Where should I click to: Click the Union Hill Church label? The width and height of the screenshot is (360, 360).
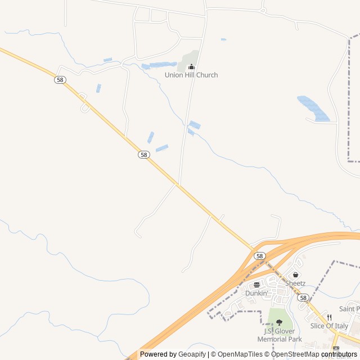(x=191, y=75)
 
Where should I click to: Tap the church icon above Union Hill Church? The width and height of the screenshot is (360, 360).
(x=191, y=67)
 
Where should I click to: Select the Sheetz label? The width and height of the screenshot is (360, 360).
(x=295, y=283)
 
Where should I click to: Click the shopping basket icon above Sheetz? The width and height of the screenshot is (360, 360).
(x=295, y=275)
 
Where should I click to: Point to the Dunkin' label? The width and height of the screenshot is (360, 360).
(x=256, y=293)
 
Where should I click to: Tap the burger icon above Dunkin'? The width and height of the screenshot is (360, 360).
(x=256, y=285)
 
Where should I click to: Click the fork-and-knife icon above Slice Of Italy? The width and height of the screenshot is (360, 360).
(x=329, y=318)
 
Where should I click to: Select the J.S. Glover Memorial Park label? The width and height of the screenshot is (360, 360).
(x=279, y=335)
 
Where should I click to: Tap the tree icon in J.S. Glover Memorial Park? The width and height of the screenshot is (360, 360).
(x=279, y=322)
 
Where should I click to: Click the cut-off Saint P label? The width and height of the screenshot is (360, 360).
(x=349, y=309)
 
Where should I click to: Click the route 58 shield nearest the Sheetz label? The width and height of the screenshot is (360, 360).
(x=303, y=298)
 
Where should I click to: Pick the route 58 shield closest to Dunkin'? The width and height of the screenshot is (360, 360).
(x=259, y=256)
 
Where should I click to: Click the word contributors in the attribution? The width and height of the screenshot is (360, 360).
(x=340, y=354)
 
